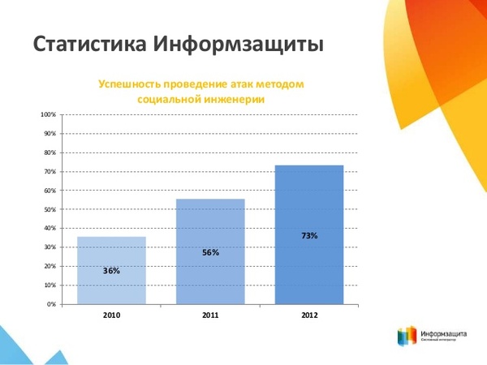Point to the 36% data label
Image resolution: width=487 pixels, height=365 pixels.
111,271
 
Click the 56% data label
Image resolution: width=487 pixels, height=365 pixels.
210,252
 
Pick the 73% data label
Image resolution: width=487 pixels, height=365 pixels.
309,235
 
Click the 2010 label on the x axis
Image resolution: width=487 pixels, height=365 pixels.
111,314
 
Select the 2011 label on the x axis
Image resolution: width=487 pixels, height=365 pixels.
210,314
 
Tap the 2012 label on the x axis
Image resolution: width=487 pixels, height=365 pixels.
309,314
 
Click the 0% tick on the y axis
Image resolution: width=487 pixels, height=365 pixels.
50,304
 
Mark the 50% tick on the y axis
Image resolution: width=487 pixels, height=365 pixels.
49,210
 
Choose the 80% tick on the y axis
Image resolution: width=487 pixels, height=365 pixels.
49,153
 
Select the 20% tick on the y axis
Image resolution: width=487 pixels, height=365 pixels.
49,267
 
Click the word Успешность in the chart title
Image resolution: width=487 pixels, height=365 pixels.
130,84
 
